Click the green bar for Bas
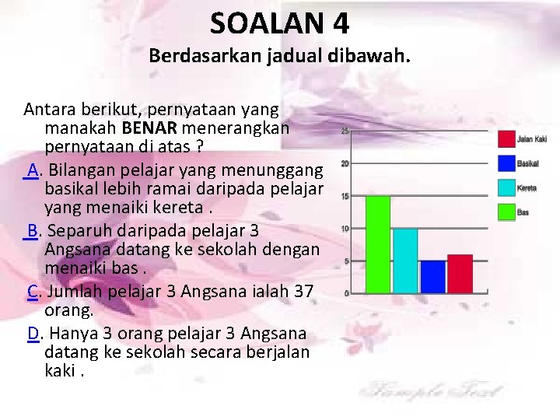tap(378, 244)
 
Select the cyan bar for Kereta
tap(405, 261)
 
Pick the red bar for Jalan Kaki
tap(460, 274)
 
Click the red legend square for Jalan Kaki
tap(506, 139)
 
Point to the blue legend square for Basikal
tap(506, 163)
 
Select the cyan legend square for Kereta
tap(506, 187)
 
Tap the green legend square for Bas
tap(506, 211)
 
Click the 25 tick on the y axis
tap(344, 131)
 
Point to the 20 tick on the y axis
tap(344, 163)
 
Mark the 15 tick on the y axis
tap(344, 196)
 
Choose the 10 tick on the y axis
tap(344, 229)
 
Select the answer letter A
tap(33, 170)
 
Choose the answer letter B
tap(33, 231)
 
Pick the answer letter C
tap(33, 292)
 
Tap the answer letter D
tap(33, 334)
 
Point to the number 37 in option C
tap(304, 292)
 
